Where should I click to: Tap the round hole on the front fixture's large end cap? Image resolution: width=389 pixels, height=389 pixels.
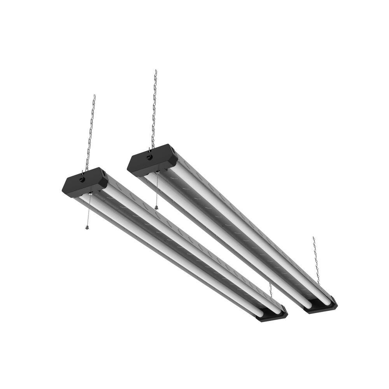(82, 179)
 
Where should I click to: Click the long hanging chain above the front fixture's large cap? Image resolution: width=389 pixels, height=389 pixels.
(90, 132)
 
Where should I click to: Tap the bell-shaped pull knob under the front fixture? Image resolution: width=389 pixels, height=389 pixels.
(87, 227)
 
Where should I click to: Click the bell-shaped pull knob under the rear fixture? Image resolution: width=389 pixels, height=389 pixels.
(156, 207)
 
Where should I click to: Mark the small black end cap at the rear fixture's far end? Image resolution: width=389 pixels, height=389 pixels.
(321, 306)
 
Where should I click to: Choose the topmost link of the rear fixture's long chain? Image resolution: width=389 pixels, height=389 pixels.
(156, 72)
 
